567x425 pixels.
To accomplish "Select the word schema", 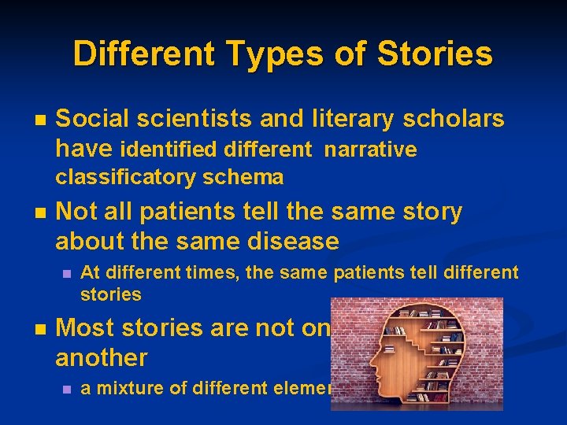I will click(x=244, y=178).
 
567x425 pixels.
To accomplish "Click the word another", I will click(x=101, y=358).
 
